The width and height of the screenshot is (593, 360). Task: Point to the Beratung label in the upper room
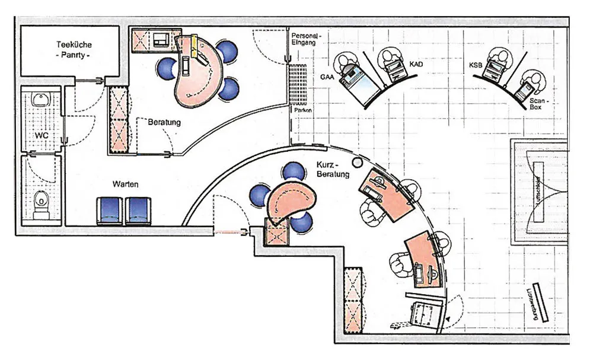click(x=164, y=123)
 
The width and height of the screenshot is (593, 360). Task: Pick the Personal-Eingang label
click(x=306, y=39)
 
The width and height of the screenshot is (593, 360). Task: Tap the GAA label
click(x=327, y=76)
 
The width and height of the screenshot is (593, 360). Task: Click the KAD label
click(x=416, y=63)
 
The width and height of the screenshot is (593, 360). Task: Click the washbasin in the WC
click(x=40, y=99)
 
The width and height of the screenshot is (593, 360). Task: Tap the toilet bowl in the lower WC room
click(x=40, y=202)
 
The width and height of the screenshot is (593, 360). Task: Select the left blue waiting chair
click(x=109, y=211)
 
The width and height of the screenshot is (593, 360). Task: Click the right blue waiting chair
click(x=139, y=211)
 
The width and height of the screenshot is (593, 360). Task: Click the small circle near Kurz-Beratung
click(x=357, y=162)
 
